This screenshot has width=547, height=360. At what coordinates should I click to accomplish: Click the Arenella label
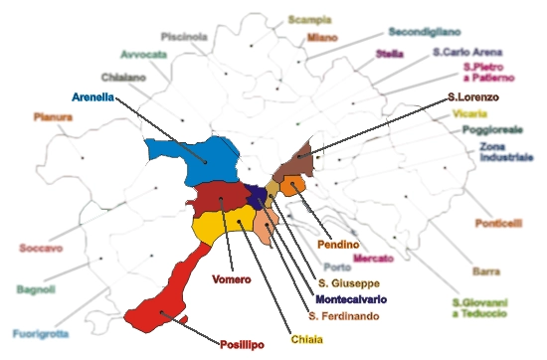click(x=93, y=97)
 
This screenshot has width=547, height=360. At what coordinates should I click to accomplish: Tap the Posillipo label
click(x=243, y=345)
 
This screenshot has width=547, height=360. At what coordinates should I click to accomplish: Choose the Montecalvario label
click(x=351, y=299)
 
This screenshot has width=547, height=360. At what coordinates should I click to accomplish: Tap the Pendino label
click(x=338, y=244)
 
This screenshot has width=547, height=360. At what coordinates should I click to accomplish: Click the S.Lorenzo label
click(x=473, y=97)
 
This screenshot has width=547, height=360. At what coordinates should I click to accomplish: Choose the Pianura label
click(x=53, y=116)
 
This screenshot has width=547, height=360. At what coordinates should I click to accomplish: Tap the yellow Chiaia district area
click(x=224, y=225)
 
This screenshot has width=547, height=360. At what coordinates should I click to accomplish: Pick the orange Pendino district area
click(x=292, y=186)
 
